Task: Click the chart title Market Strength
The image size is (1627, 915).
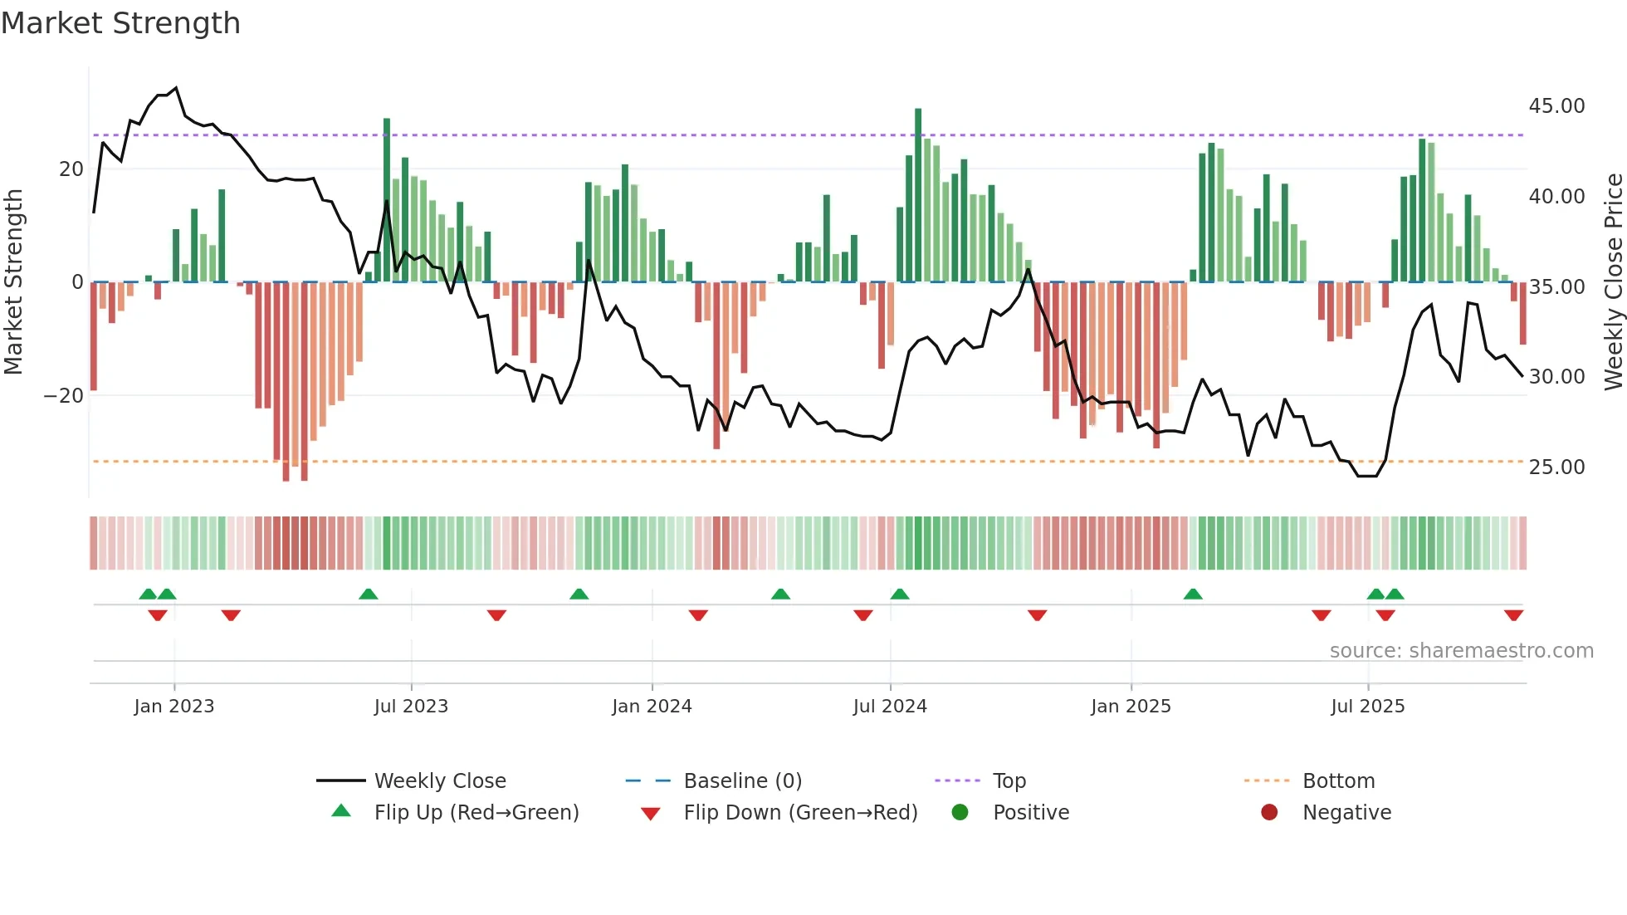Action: point(120,23)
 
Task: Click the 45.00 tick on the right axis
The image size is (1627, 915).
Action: point(1556,106)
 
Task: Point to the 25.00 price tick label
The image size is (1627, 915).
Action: point(1556,467)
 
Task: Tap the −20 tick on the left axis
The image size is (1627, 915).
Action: point(64,396)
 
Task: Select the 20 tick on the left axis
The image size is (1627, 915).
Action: point(71,169)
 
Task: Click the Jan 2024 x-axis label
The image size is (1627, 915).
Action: point(652,707)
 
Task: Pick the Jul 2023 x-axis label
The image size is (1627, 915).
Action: point(411,707)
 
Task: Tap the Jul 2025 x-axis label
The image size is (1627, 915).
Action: point(1367,707)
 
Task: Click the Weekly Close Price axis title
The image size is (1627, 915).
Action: point(1613,282)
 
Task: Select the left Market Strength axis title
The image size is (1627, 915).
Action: point(13,282)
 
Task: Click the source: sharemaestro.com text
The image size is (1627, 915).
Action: point(1461,651)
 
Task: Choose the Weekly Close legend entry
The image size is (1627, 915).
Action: point(440,781)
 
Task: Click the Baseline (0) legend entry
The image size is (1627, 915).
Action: point(742,781)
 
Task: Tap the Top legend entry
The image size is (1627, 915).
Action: point(1009,781)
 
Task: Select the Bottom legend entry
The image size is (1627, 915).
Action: point(1338,781)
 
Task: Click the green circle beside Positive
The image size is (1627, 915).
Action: point(960,813)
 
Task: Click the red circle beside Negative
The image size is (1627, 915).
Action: point(1269,813)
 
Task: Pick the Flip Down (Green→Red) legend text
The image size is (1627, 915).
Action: point(800,813)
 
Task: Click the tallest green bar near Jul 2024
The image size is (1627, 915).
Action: point(918,195)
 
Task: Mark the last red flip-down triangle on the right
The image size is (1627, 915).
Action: point(1513,615)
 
